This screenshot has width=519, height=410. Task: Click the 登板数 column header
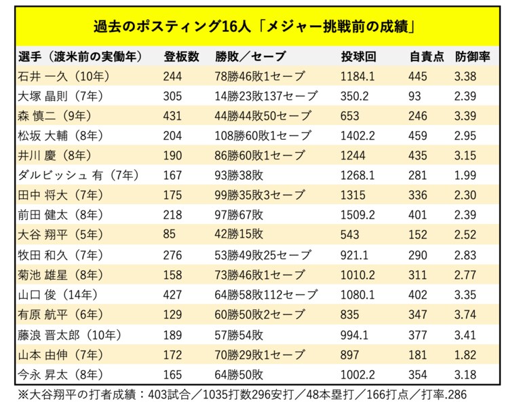click(x=181, y=56)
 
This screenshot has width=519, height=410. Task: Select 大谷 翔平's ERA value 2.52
click(x=465, y=234)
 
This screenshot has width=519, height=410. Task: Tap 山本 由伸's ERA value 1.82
click(x=465, y=354)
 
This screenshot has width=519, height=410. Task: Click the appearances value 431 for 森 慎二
click(x=173, y=115)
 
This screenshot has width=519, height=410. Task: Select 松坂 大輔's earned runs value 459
click(x=419, y=136)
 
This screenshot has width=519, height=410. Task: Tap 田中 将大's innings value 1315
click(x=353, y=195)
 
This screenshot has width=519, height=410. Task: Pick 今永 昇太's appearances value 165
click(x=173, y=374)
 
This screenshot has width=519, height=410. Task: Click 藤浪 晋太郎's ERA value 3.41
click(x=465, y=334)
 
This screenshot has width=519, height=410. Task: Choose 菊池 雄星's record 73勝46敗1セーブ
click(x=260, y=275)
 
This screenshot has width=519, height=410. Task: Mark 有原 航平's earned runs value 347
click(x=419, y=314)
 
